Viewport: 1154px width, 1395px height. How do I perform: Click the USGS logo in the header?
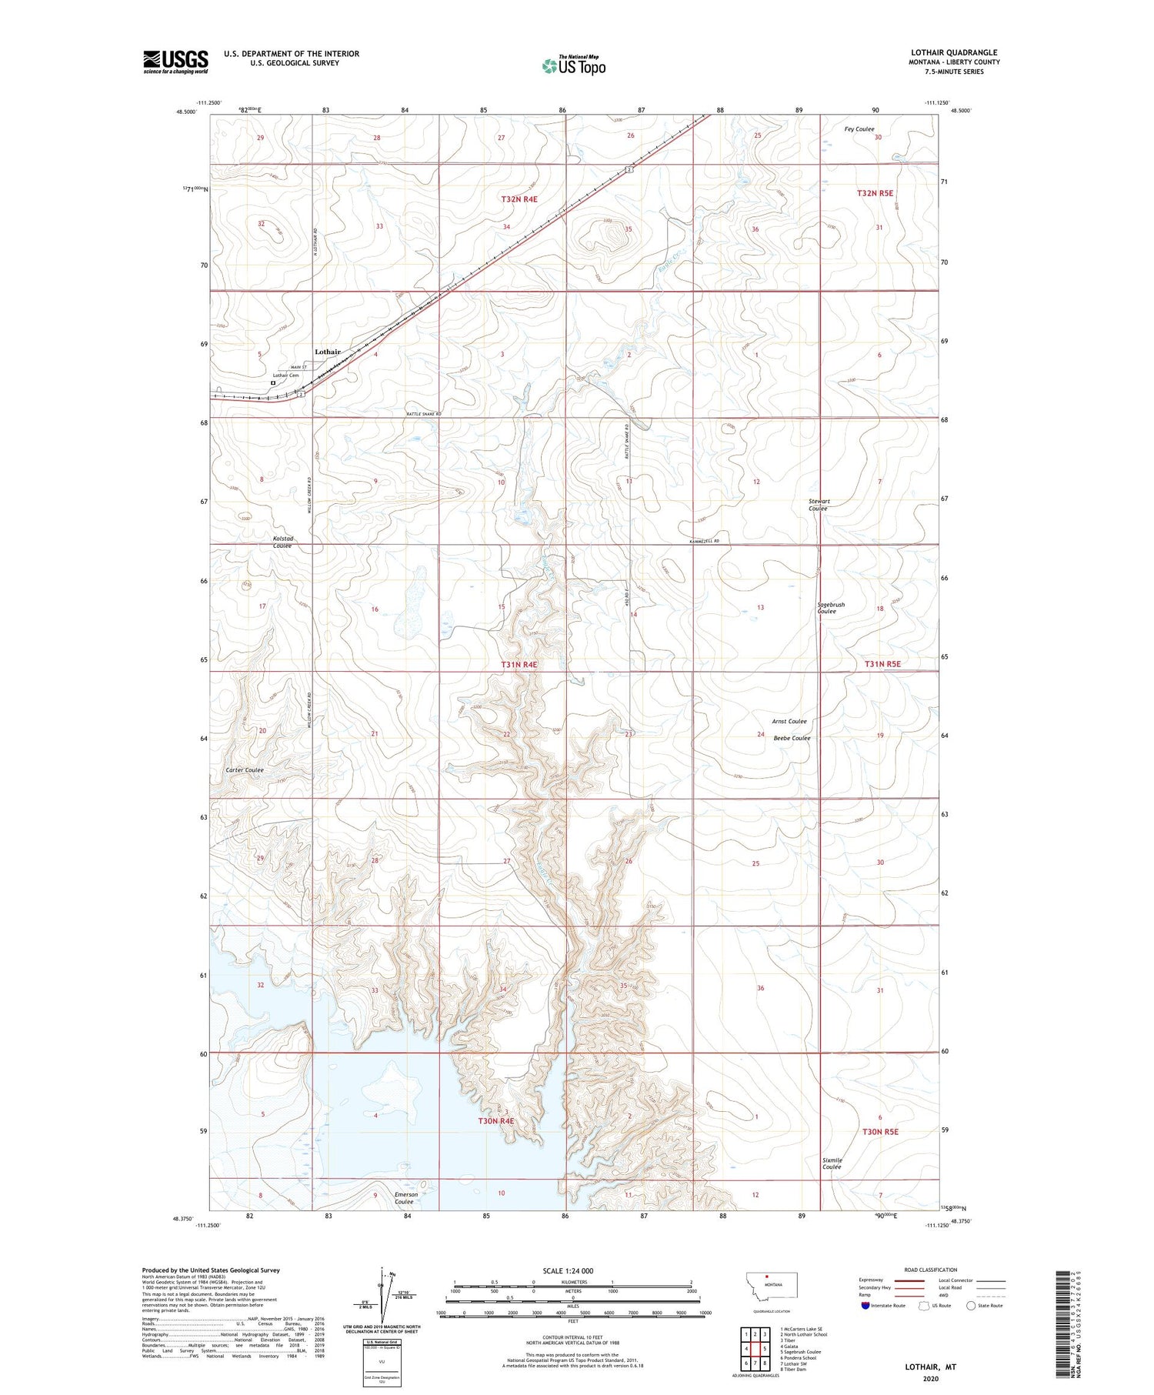point(175,62)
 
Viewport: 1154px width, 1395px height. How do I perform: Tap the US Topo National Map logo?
point(573,66)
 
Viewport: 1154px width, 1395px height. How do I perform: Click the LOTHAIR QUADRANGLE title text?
point(954,52)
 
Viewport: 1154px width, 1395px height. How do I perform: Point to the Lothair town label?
point(328,352)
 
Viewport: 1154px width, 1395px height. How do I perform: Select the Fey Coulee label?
point(859,129)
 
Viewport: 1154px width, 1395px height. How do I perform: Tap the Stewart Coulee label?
point(819,505)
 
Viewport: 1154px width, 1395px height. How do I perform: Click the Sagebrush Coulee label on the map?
point(831,608)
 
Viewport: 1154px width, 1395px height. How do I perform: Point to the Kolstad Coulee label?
point(282,542)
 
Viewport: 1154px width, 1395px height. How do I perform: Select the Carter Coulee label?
point(245,770)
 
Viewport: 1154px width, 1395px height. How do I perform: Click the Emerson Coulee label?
point(405,1198)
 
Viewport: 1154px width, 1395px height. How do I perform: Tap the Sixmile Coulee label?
point(832,1163)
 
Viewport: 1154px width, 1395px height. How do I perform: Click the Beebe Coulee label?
point(792,738)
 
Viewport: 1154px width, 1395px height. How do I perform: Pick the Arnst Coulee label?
point(789,721)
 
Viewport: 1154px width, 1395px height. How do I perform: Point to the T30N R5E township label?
point(880,1132)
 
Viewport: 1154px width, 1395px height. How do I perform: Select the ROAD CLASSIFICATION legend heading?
point(931,1270)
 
